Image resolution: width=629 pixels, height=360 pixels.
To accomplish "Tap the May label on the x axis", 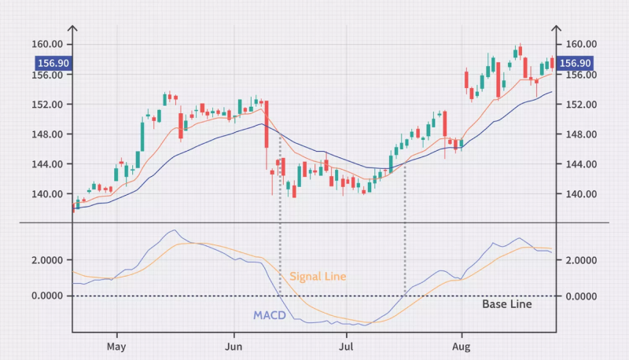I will pos(116,346).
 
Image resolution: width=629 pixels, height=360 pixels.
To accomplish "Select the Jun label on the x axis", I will pos(234,346).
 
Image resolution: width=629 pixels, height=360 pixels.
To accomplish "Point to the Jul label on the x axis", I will pos(346,346).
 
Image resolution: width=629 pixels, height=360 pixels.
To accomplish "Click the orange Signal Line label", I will pos(318,277).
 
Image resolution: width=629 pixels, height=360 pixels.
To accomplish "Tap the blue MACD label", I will pos(270,316).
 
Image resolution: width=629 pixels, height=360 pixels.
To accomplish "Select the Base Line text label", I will pos(506,304).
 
